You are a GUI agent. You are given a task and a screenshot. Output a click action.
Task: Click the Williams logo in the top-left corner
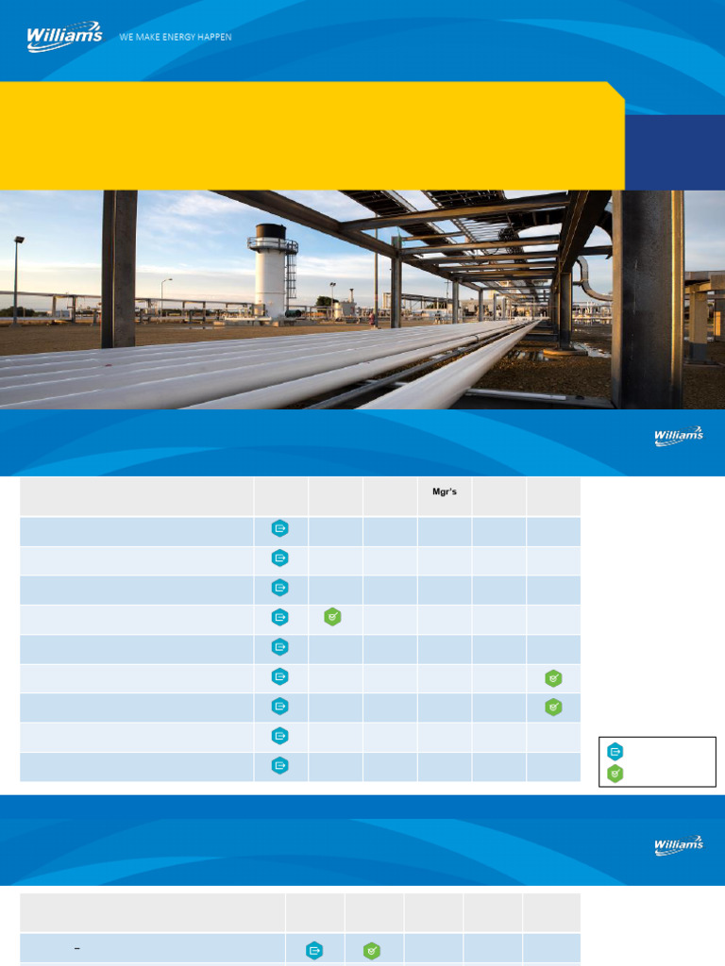(64, 37)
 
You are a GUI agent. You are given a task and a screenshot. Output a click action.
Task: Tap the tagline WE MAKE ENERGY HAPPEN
(176, 37)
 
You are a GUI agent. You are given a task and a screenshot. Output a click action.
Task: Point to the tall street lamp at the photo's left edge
(17, 278)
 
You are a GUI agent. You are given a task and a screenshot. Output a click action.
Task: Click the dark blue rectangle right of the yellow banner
(674, 152)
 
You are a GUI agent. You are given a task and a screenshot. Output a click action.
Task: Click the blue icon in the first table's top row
(280, 528)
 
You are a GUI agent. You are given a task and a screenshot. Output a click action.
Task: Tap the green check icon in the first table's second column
(332, 617)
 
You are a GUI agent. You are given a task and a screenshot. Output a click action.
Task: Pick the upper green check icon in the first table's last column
(553, 676)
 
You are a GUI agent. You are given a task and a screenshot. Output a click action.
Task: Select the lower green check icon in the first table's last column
(553, 707)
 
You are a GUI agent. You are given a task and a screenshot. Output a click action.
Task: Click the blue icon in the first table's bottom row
(280, 765)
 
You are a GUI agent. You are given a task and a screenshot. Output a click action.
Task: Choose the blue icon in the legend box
(615, 752)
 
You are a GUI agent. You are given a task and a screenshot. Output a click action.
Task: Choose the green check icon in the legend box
(615, 774)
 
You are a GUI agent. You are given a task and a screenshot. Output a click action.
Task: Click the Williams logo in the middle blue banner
(679, 436)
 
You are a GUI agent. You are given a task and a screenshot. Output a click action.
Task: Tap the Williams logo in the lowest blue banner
(679, 845)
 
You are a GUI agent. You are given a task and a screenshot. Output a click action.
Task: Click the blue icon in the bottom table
(314, 951)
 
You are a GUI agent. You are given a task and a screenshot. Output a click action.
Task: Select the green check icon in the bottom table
(373, 951)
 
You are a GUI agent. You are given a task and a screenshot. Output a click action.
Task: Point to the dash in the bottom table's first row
(76, 947)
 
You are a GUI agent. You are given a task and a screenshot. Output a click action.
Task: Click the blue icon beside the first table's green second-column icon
(280, 617)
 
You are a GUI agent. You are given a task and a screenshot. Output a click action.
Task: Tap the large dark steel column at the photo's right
(647, 297)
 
